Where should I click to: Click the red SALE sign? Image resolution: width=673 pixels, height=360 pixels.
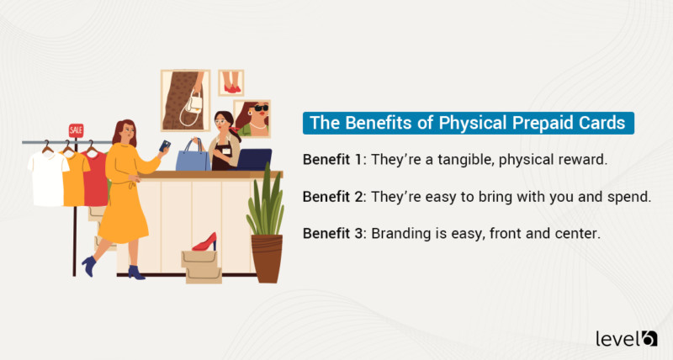(x=77, y=130)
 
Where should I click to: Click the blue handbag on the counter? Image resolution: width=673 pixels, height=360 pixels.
(x=193, y=156)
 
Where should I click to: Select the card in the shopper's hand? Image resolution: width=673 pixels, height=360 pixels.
(x=165, y=146)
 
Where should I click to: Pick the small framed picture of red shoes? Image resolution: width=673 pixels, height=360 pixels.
(x=231, y=82)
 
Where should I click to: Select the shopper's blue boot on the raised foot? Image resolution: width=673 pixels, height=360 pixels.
(x=87, y=264)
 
